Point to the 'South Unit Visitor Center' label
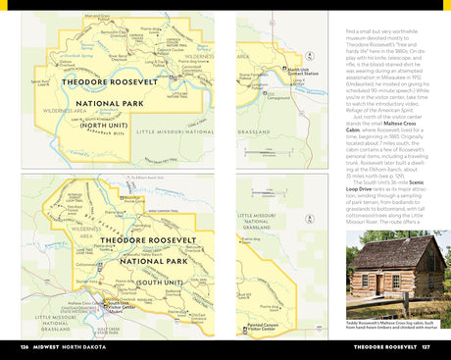tap(115, 307)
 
